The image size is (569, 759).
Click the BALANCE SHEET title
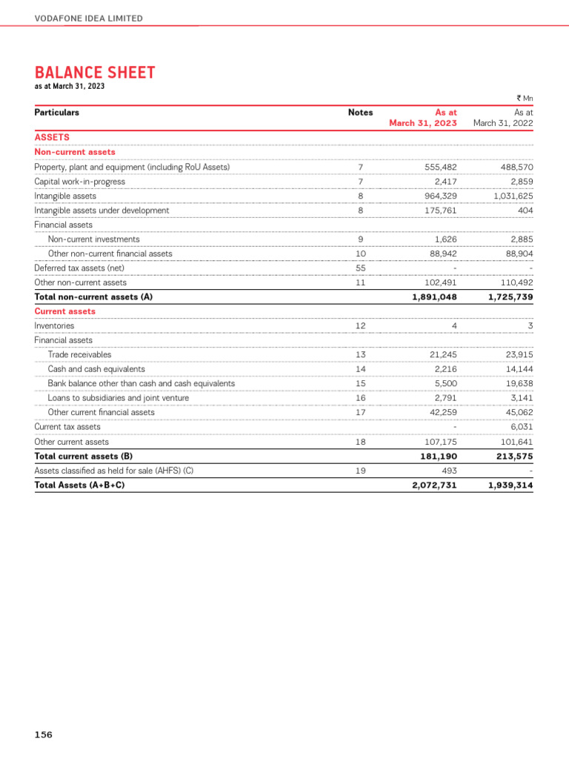click(95, 73)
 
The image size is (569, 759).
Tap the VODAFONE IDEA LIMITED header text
click(89, 18)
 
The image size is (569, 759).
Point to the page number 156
click(44, 735)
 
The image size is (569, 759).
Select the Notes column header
click(360, 113)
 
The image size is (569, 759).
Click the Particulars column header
click(57, 113)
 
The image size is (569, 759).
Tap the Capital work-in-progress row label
click(80, 182)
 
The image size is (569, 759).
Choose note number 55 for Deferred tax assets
click(360, 268)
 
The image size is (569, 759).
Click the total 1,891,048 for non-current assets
click(434, 297)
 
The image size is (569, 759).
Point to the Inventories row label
click(54, 326)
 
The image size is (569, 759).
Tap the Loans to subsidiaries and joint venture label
click(118, 398)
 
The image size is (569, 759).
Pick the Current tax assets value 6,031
click(521, 427)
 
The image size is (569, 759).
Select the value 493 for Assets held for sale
click(449, 471)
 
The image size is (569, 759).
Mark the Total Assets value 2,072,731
click(434, 485)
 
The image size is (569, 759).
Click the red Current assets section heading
click(65, 311)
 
